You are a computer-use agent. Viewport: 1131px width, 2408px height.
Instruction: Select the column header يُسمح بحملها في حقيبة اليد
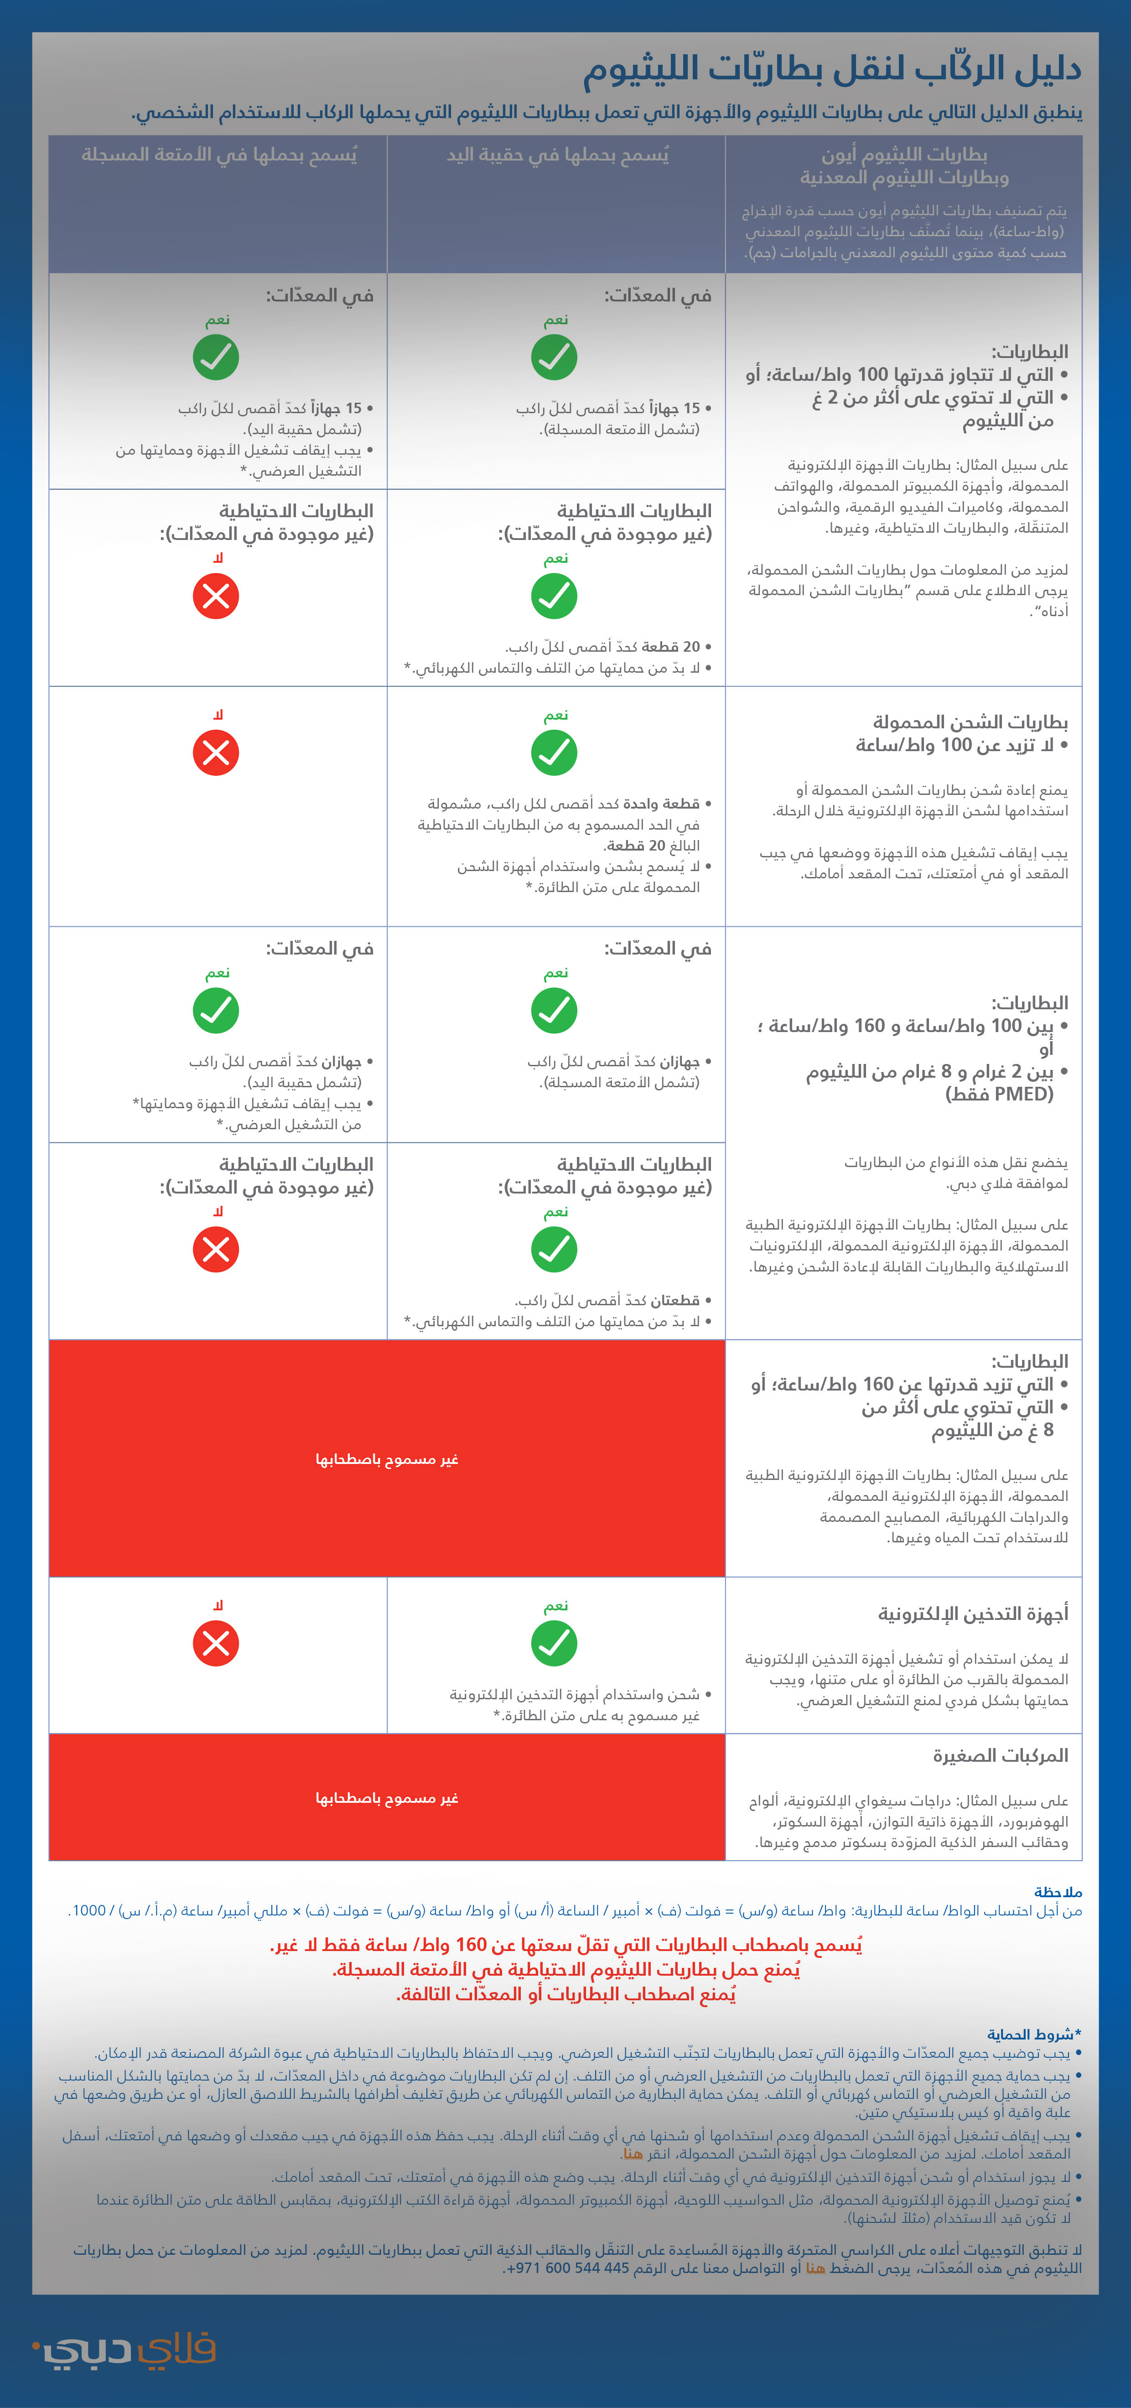[x=557, y=154]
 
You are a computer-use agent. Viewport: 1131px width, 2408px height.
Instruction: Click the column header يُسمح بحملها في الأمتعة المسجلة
[x=219, y=154]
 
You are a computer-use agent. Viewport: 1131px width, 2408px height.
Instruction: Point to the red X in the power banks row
[x=216, y=752]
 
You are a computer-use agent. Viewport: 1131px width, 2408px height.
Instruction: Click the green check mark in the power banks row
[x=554, y=752]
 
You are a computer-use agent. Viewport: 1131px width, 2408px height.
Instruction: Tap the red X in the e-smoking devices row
[x=216, y=1643]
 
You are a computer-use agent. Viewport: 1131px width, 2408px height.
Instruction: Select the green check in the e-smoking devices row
[x=554, y=1643]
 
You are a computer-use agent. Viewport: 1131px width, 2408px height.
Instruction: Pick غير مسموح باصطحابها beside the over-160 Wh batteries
[x=387, y=1459]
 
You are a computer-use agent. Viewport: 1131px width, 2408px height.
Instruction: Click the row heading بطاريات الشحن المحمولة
[x=970, y=721]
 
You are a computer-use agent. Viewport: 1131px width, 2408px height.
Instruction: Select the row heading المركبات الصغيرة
[x=1000, y=1755]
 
